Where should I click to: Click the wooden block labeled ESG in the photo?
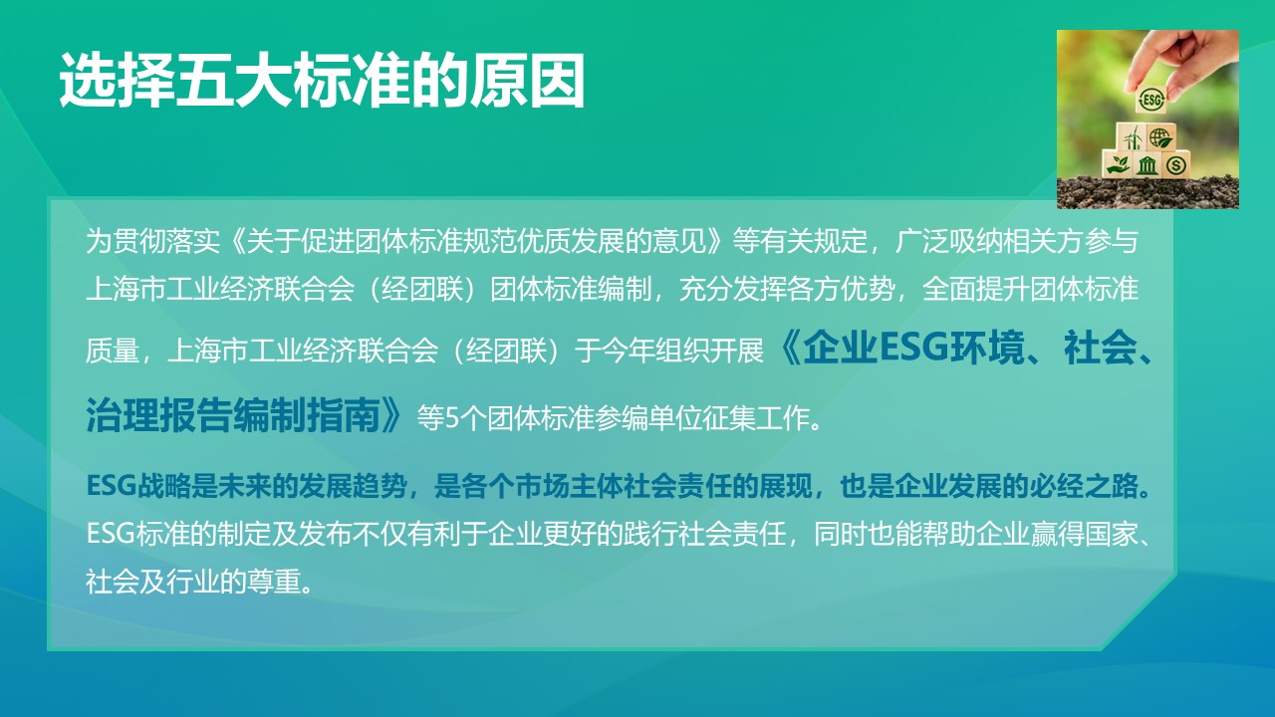tap(1151, 100)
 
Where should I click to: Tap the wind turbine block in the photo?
tap(1132, 136)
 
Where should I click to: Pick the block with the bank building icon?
tap(1147, 163)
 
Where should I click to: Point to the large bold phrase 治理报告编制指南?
tap(234, 415)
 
